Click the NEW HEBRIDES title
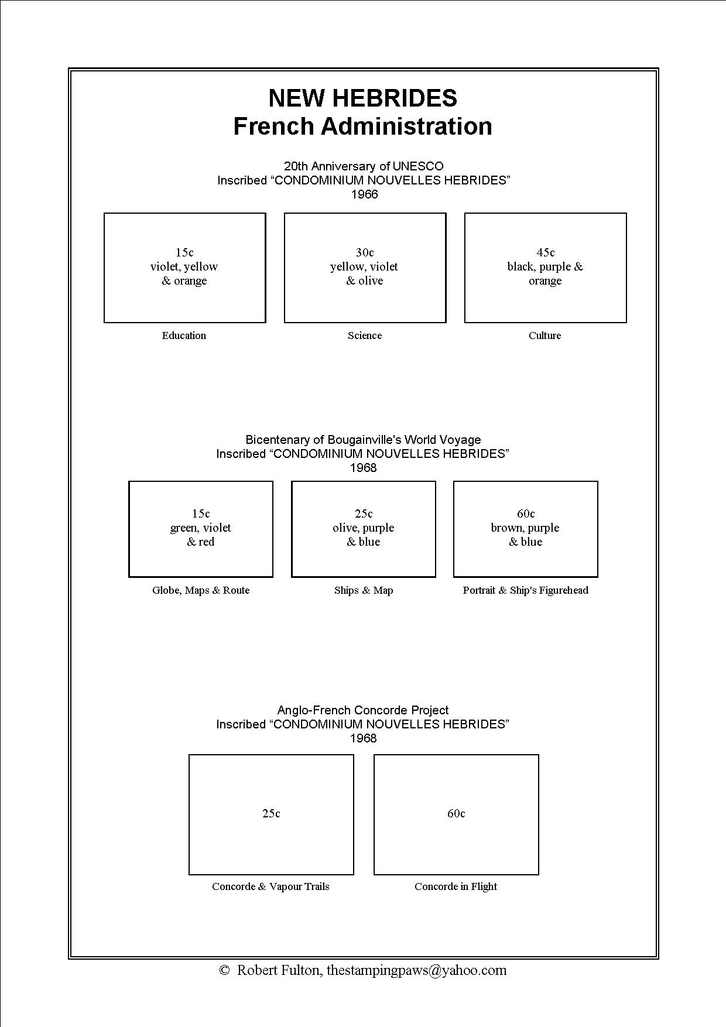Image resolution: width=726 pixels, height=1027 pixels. pos(362,98)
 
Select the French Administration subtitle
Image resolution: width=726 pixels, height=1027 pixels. pos(362,126)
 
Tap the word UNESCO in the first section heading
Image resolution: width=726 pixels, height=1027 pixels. pos(418,166)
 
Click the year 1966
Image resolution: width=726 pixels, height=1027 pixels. pos(364,194)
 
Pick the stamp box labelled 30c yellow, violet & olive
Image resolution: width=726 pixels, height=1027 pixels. pos(365,268)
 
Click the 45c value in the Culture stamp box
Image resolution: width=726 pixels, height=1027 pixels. pos(546,252)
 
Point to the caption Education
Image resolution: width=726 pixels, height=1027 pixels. pos(184,336)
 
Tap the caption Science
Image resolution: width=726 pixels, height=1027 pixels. pos(364,336)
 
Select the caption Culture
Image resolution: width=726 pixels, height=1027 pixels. pos(544,336)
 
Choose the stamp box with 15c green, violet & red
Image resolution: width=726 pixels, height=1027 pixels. pos(201,529)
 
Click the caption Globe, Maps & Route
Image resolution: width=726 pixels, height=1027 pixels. pos(201,590)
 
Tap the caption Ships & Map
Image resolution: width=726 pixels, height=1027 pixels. pos(364,590)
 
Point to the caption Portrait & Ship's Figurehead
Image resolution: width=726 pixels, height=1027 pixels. pos(525,590)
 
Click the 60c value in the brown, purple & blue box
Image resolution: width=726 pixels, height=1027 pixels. pos(526,514)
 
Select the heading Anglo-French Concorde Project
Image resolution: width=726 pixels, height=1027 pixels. pos(363,710)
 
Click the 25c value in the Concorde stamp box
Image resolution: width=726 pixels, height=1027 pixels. pos(271,813)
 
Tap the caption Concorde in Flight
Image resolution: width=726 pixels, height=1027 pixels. pos(456,886)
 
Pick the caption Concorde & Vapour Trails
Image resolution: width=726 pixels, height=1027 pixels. pos(270,886)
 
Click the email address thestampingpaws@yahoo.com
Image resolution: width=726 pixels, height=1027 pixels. pos(416,970)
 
